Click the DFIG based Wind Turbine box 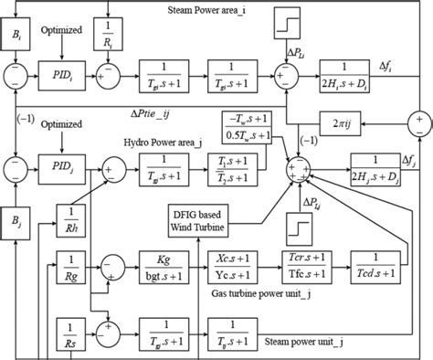point(218,218)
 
